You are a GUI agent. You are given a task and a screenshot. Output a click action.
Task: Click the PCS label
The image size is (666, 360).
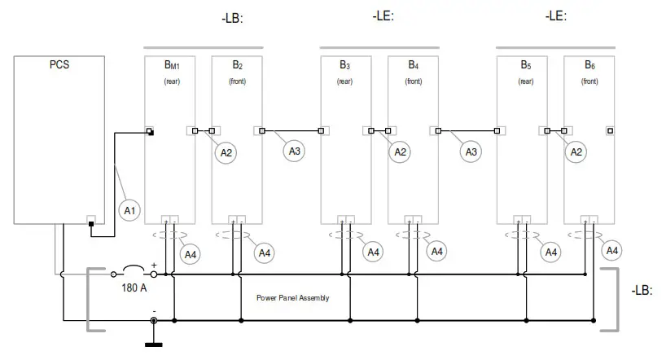[59, 64]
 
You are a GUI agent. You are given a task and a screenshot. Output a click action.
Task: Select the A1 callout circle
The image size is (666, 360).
[129, 211]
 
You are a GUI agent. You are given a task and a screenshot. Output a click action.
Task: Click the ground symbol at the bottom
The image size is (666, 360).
[153, 336]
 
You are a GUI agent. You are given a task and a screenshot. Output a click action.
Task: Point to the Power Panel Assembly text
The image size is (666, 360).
[293, 298]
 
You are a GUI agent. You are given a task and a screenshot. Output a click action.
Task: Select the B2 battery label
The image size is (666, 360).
[237, 64]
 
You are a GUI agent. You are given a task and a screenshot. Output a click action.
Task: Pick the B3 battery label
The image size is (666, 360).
[345, 64]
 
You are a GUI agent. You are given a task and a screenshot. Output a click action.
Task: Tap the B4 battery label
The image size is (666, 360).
[414, 64]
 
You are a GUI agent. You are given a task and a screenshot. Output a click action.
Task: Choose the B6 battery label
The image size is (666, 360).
[589, 64]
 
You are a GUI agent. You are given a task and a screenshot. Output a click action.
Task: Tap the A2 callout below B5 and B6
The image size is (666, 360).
[576, 151]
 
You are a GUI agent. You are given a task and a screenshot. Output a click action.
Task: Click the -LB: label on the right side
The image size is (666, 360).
[642, 290]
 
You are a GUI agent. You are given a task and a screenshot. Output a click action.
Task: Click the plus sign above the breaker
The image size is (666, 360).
[153, 265]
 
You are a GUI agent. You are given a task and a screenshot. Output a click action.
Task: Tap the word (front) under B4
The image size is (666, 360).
[414, 81]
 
